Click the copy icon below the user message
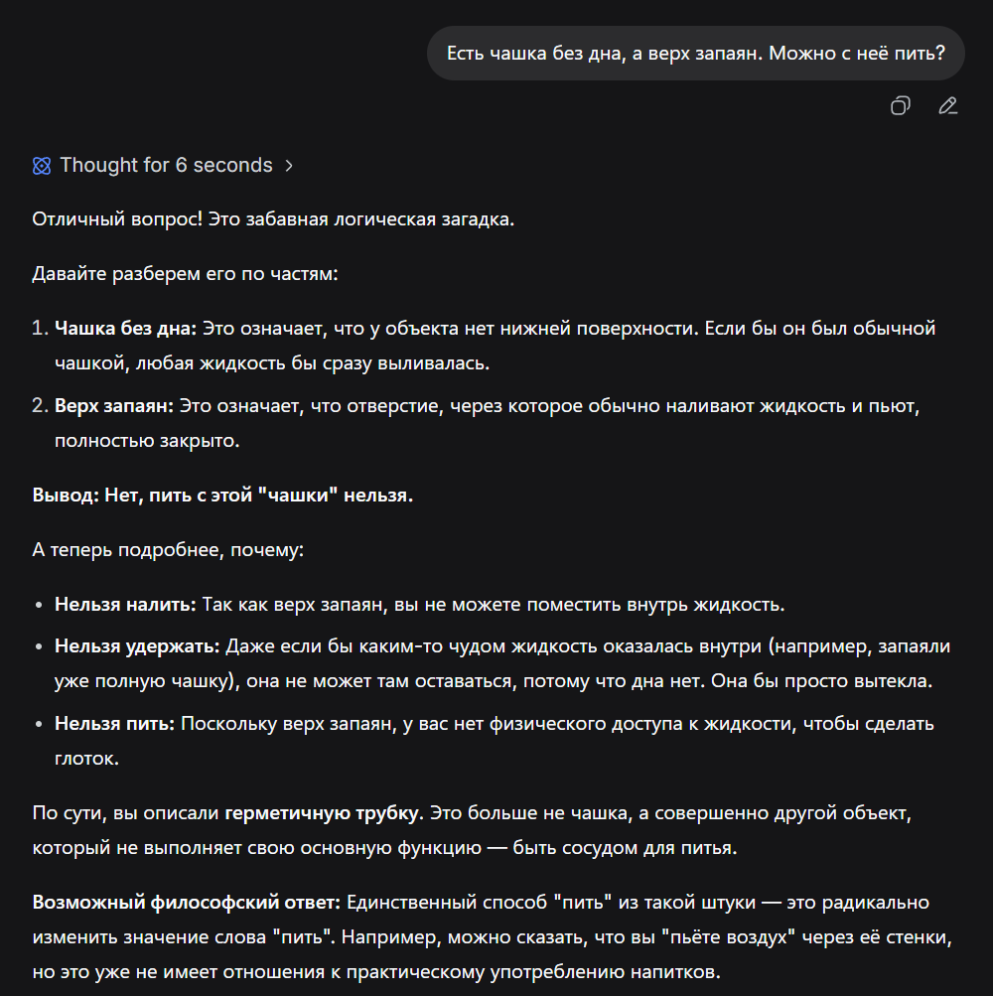900,106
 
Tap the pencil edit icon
947,106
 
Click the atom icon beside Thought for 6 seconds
42,166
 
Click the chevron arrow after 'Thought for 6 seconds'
289,166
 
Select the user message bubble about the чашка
695,54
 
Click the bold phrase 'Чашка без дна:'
126,328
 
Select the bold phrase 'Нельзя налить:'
125,604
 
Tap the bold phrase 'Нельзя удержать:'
137,646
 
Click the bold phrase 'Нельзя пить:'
114,724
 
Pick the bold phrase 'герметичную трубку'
322,813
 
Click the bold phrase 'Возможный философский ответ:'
187,903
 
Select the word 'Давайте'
67,272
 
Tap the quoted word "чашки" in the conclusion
295,495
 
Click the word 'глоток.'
86,759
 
